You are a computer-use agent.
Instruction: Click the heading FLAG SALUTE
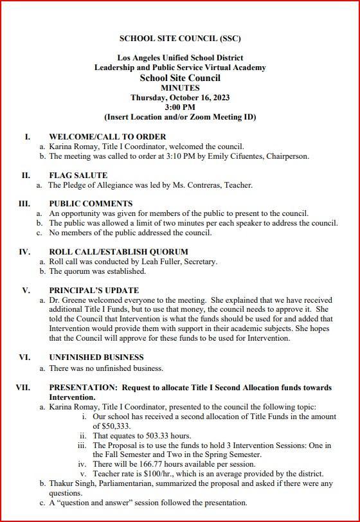(78, 175)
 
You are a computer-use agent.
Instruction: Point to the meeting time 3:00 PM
(180, 107)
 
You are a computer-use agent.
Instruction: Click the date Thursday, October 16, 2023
(180, 98)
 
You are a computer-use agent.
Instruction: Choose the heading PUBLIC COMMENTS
(91, 203)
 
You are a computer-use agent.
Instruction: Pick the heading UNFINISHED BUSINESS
(96, 357)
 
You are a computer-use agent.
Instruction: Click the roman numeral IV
(24, 252)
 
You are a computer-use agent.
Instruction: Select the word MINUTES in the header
(180, 88)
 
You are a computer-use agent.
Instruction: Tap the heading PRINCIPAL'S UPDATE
(94, 290)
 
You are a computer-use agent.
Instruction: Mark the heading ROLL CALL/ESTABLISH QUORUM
(119, 252)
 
